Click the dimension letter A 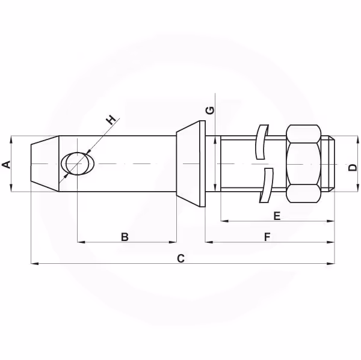coord(6,165)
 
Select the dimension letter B coord(125,237)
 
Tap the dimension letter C coord(180,258)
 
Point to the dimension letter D coord(353,168)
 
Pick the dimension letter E coord(277,216)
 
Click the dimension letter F coord(267,237)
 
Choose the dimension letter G coord(210,111)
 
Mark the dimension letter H coord(111,120)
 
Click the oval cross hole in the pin coord(78,163)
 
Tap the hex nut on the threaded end coord(303,163)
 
